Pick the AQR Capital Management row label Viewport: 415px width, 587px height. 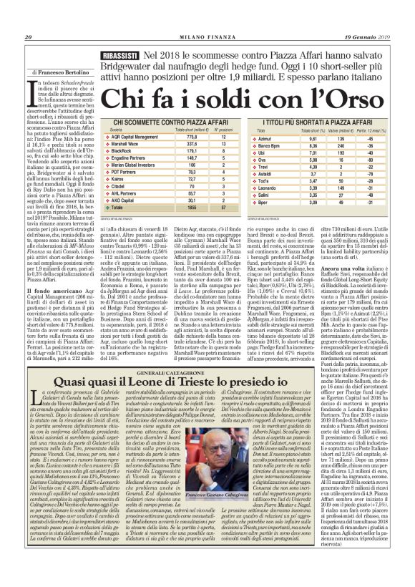[135, 136]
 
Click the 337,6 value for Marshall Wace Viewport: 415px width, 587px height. [190, 143]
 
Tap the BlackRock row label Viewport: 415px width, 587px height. [122, 150]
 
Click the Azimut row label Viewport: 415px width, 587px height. [266, 136]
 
